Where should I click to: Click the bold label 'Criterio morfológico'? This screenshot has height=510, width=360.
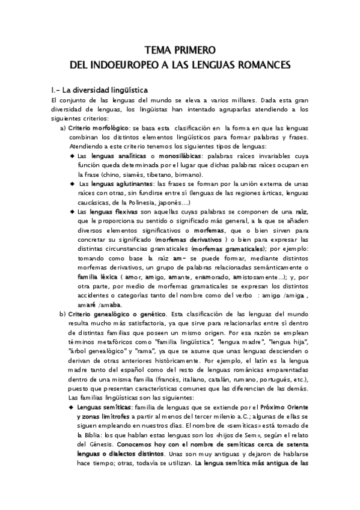[x=99, y=129]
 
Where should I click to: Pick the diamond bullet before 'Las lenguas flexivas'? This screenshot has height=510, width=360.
[x=72, y=211]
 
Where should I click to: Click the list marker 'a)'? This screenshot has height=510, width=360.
[x=63, y=129]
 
